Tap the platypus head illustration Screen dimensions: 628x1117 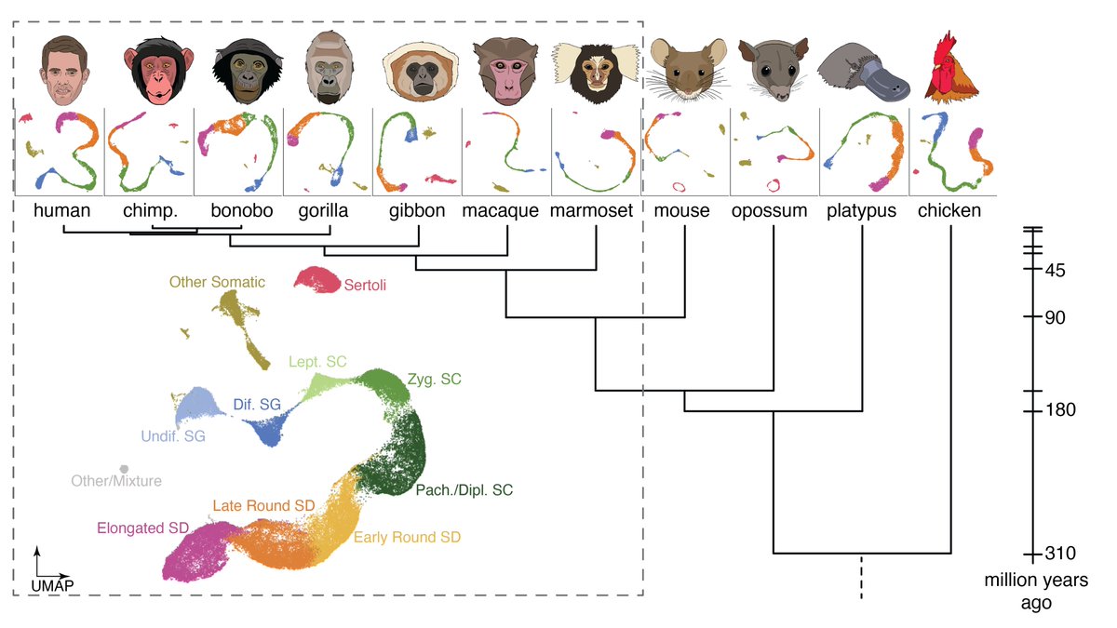862,73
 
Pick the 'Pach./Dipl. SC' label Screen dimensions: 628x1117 464,488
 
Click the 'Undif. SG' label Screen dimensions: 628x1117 174,435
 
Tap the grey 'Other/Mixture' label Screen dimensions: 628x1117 116,481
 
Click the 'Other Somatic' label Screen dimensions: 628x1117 217,281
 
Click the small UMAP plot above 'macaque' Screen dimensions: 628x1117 507,149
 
